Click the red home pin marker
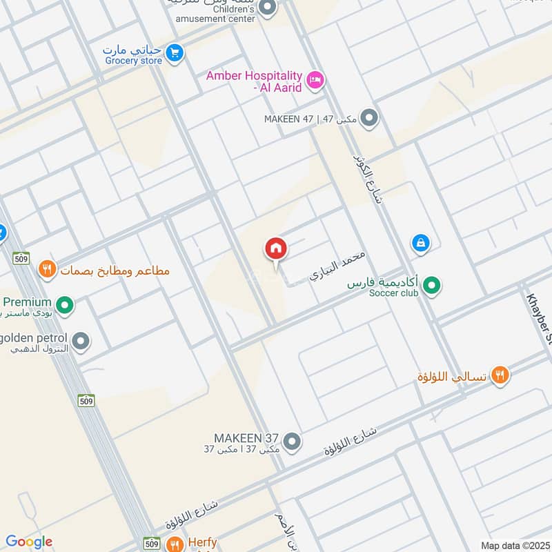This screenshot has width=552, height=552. (x=276, y=250)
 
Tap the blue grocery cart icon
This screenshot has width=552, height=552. (x=175, y=52)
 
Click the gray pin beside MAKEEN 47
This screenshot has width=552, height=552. (x=370, y=118)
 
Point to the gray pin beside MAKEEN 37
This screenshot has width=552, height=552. (x=292, y=440)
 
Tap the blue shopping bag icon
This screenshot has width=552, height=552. (x=420, y=243)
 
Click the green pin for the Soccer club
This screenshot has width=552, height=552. (x=432, y=285)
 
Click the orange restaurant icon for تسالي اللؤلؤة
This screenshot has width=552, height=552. (x=500, y=375)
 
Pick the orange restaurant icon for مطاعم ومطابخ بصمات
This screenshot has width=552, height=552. (x=47, y=269)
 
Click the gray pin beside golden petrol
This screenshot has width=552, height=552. (x=81, y=340)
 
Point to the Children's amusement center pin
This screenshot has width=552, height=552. (x=268, y=8)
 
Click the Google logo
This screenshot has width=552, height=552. (x=28, y=542)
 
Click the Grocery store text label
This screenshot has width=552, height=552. (x=133, y=61)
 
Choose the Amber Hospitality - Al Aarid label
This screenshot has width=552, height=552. (x=254, y=81)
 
